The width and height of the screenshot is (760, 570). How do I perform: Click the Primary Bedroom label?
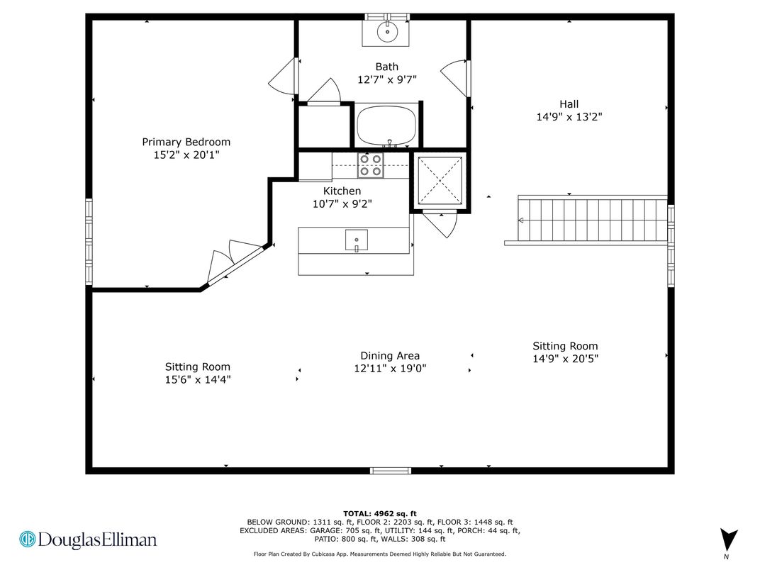pos(186,148)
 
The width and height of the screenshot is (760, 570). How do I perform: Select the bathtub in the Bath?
pos(387,125)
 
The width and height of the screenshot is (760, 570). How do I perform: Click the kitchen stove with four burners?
pos(370,164)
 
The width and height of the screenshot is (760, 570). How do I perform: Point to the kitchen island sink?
pos(356,240)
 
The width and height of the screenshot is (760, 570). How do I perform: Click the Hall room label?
pos(569,104)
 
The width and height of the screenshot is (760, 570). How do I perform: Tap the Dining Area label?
pos(390,356)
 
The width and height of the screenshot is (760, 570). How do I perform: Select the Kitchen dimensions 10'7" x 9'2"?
pos(342,204)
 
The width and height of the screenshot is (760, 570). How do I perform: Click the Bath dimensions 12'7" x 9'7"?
pos(387,79)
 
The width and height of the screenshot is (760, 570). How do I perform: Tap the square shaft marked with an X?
pos(440,180)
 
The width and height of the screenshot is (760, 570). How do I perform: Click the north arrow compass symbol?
pos(729,540)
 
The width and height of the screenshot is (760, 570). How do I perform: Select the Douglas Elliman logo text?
pos(88,540)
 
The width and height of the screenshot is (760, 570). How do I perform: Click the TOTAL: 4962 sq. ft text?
pos(380,514)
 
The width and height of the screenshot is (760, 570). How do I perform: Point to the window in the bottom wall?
pos(391,471)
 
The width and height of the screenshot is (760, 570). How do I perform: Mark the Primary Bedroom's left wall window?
pos(89,241)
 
